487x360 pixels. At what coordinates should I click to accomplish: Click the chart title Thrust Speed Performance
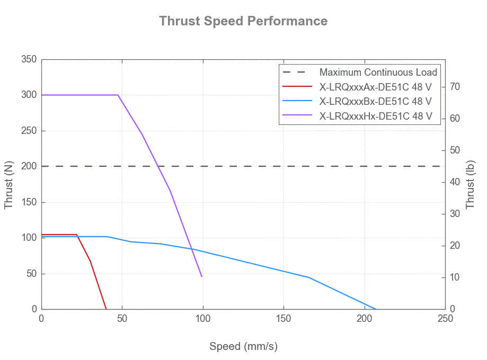tap(243, 21)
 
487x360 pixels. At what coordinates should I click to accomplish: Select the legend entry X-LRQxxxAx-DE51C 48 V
tap(376, 87)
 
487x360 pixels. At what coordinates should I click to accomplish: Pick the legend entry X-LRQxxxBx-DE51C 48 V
tap(376, 102)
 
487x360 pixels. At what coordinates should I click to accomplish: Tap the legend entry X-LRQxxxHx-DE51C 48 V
tap(376, 116)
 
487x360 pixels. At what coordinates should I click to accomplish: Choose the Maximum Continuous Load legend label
tap(378, 73)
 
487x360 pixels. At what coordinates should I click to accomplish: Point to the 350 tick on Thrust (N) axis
tap(29, 59)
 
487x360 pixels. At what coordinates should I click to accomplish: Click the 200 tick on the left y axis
tap(29, 166)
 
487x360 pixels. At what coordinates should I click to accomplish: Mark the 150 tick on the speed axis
tap(284, 318)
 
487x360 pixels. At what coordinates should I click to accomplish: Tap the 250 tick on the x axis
tap(445, 318)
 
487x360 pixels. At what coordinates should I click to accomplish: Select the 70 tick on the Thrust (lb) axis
tap(455, 87)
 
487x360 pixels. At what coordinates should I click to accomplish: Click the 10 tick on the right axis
tap(455, 277)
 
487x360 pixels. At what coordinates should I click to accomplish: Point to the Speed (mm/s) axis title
tap(243, 346)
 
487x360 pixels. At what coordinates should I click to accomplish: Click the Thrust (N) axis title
tap(8, 185)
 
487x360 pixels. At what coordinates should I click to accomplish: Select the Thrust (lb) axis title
tap(470, 184)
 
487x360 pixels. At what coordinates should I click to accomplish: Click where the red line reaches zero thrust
tap(106, 309)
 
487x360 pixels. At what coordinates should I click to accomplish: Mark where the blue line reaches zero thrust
tap(376, 309)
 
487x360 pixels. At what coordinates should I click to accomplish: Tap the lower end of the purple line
tap(202, 276)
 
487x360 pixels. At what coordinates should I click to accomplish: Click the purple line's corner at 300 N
tap(118, 95)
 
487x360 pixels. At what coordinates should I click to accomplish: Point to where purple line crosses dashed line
tap(159, 166)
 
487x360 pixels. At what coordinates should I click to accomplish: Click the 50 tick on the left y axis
tap(32, 273)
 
